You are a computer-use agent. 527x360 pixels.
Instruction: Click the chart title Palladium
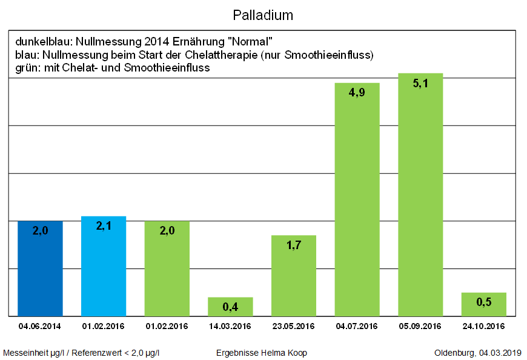click(263, 14)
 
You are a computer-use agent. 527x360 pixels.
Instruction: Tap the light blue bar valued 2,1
click(104, 267)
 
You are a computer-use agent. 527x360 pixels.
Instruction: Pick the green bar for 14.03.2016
click(230, 307)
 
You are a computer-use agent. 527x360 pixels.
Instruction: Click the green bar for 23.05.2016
click(294, 276)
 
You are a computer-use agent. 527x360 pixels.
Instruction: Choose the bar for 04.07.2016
click(357, 200)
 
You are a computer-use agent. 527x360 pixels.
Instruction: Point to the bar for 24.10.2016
click(483, 304)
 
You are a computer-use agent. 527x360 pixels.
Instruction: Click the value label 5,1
click(420, 84)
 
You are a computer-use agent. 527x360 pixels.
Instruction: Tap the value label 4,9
click(357, 93)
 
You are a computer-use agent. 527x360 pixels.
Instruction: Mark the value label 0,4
click(230, 307)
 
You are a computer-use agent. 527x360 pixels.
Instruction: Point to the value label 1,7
click(294, 245)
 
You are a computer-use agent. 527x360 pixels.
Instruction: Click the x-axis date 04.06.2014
click(40, 326)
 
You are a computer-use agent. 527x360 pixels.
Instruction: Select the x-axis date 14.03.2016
click(230, 326)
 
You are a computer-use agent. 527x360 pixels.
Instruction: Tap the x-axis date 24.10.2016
click(483, 326)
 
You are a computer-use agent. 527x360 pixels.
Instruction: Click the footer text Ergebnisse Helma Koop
click(261, 353)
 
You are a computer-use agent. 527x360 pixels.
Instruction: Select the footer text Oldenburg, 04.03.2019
click(479, 353)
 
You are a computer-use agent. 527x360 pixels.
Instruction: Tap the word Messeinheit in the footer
click(25, 353)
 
